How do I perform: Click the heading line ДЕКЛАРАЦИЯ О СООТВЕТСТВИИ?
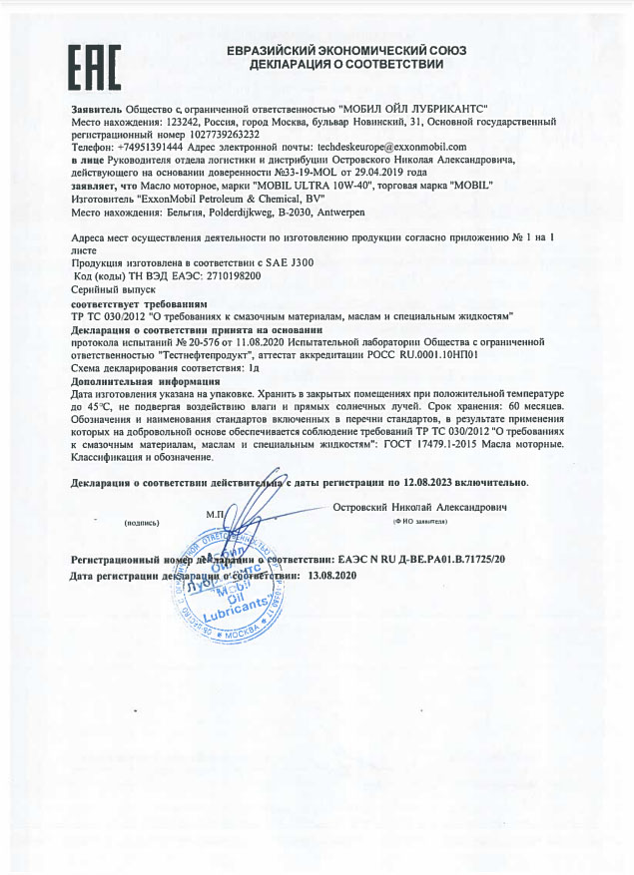pyautogui.click(x=334, y=64)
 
